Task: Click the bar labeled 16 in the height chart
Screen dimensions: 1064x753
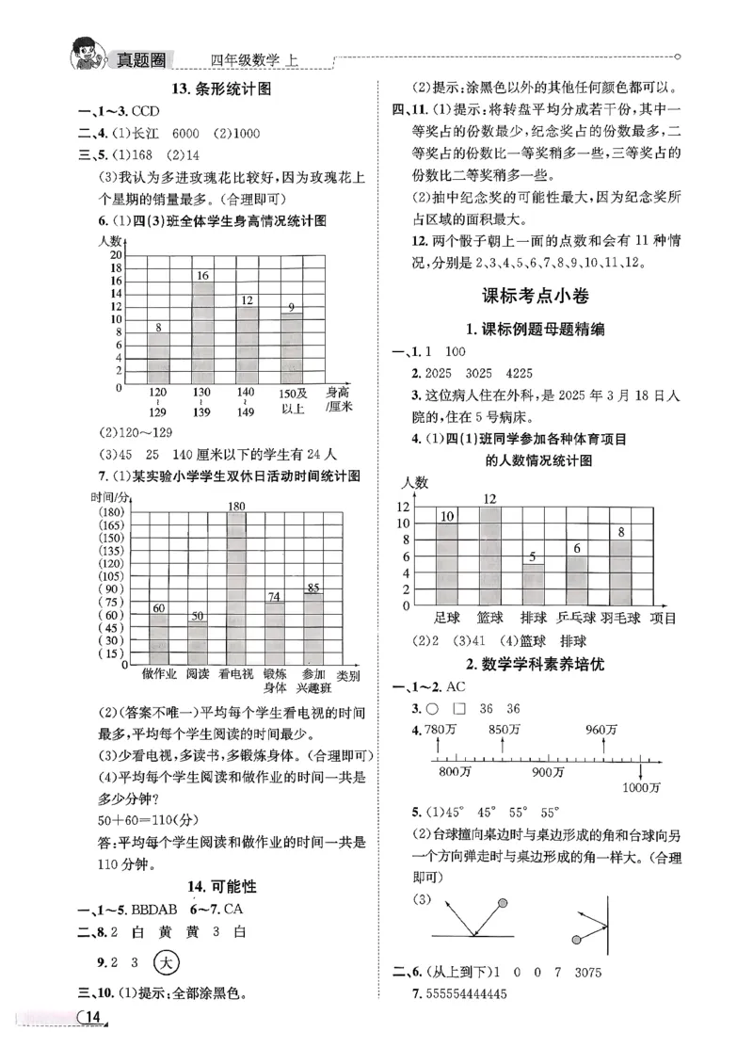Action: (201, 334)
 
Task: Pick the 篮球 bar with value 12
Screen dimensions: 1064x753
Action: (489, 556)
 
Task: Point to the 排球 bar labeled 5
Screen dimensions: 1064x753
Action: (534, 585)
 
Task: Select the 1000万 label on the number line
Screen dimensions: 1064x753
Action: (642, 787)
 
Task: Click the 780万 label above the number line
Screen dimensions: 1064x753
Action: (440, 730)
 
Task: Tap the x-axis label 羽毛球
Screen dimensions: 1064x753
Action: (621, 618)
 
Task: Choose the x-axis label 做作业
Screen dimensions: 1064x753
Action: (159, 674)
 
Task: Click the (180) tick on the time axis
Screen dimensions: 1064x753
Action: (111, 511)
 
